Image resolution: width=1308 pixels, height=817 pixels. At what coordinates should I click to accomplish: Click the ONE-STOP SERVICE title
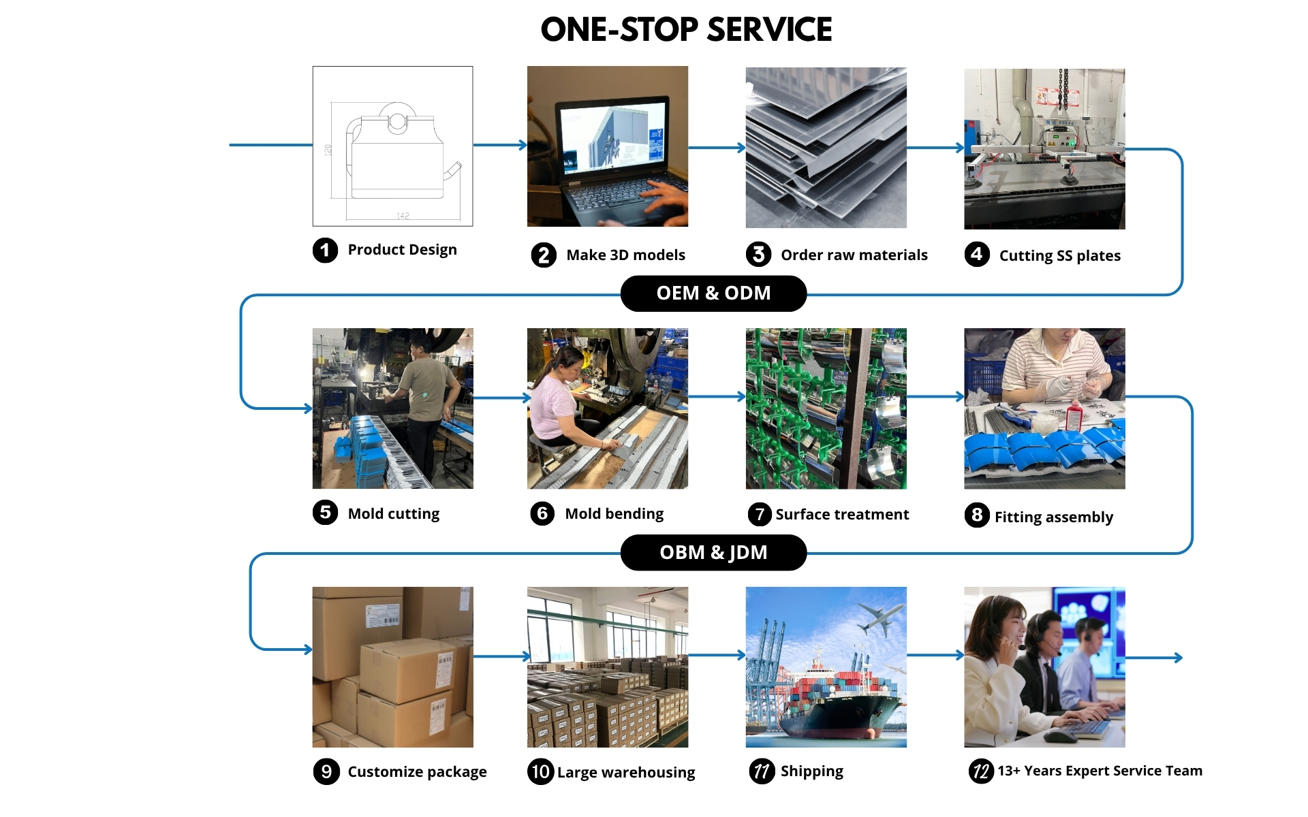(686, 30)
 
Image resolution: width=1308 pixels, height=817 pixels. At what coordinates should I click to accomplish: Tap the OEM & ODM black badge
(713, 293)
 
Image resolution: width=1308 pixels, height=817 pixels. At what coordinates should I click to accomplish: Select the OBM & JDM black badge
(713, 552)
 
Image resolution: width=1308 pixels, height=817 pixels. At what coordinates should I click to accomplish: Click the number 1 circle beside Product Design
(325, 250)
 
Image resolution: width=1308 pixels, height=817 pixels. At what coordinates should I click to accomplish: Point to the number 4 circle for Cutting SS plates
(977, 255)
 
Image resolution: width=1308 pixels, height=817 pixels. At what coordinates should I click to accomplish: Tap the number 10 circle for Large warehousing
(540, 771)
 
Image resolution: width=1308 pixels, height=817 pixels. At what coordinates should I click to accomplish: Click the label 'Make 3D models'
(625, 255)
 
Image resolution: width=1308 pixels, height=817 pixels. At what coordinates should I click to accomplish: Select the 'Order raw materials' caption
(854, 255)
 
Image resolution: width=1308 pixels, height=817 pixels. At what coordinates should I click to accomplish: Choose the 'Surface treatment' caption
(842, 514)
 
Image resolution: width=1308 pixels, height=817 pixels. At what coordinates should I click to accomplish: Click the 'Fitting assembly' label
(1053, 517)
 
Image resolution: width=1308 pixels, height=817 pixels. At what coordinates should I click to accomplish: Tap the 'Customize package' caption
(417, 772)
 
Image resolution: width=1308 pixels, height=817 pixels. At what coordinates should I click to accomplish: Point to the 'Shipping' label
(812, 771)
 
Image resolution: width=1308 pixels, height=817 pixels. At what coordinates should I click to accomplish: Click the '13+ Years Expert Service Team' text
(1100, 771)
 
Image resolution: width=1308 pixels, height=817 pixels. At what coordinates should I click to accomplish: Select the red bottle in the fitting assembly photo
(1074, 416)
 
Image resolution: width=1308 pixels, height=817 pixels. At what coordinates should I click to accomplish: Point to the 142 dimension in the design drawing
(403, 216)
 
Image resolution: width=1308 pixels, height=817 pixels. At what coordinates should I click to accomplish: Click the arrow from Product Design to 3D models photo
(500, 145)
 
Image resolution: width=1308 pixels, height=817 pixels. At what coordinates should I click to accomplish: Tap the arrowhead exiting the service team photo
(1179, 658)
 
